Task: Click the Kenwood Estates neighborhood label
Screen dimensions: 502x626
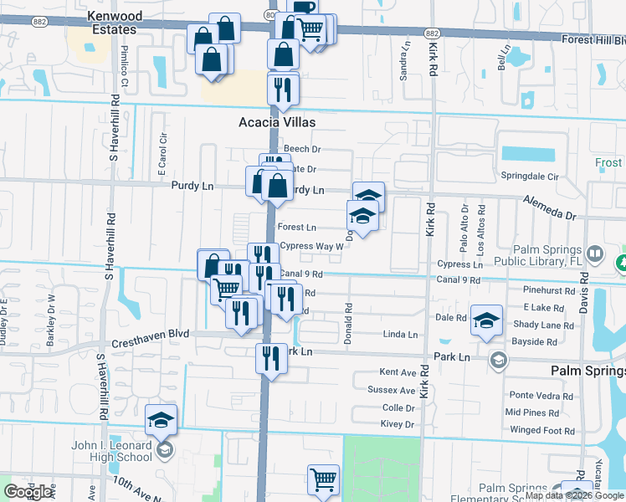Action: [x=113, y=23]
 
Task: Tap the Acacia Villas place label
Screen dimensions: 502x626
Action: [x=270, y=122]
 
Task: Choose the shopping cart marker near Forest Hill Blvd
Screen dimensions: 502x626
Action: [x=310, y=30]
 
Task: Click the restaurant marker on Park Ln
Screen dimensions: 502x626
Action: [x=270, y=357]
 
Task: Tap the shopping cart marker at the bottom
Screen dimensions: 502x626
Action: [x=322, y=479]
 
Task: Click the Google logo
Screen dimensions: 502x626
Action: [x=28, y=492]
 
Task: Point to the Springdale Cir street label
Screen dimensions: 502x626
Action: [x=530, y=177]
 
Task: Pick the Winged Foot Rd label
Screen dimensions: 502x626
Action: [x=541, y=431]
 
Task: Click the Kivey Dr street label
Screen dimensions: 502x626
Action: [x=398, y=425]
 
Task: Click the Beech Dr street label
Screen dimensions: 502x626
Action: [x=302, y=149]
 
